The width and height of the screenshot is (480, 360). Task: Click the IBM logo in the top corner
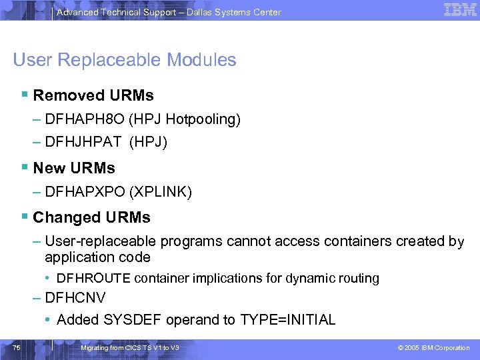[460, 10]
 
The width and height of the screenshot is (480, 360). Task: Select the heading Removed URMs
[93, 95]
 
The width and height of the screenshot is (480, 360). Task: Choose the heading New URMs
[74, 168]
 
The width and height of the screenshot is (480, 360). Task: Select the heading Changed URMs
[91, 217]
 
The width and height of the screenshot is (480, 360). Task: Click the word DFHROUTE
[93, 278]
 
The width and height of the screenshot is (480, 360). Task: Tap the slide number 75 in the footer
[17, 347]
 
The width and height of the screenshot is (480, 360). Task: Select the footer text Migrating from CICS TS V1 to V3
[129, 348]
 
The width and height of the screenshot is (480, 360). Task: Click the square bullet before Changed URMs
[25, 217]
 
